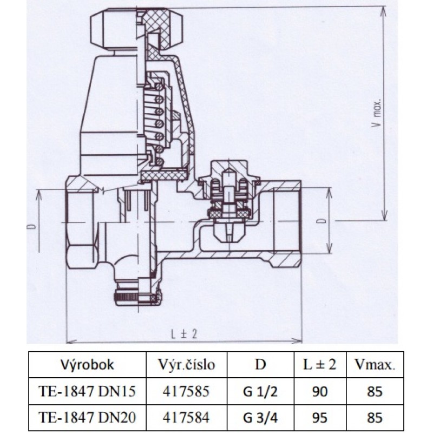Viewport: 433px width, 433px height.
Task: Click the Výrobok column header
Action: click(x=87, y=365)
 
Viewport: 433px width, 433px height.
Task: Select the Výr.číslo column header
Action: click(x=186, y=365)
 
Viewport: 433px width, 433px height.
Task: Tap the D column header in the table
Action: click(x=260, y=364)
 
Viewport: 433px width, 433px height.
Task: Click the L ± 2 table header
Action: click(x=319, y=364)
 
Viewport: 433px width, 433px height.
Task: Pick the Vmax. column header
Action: click(x=375, y=365)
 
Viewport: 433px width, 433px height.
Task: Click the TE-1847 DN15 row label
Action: click(x=87, y=391)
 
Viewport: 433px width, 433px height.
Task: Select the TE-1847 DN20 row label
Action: click(x=87, y=417)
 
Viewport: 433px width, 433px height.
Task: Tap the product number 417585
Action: click(x=186, y=391)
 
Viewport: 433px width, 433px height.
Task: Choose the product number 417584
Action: click(x=186, y=417)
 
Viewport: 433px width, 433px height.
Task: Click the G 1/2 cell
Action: click(x=260, y=391)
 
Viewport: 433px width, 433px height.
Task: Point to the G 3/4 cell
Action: click(x=260, y=417)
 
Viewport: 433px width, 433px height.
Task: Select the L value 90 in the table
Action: click(x=320, y=391)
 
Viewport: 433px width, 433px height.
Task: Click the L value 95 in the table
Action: click(x=320, y=417)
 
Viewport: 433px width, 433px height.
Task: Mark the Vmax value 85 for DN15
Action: click(x=375, y=391)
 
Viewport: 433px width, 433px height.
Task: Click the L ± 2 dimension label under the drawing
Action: click(x=183, y=334)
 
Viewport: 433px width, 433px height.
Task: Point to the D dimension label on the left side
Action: click(x=31, y=226)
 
